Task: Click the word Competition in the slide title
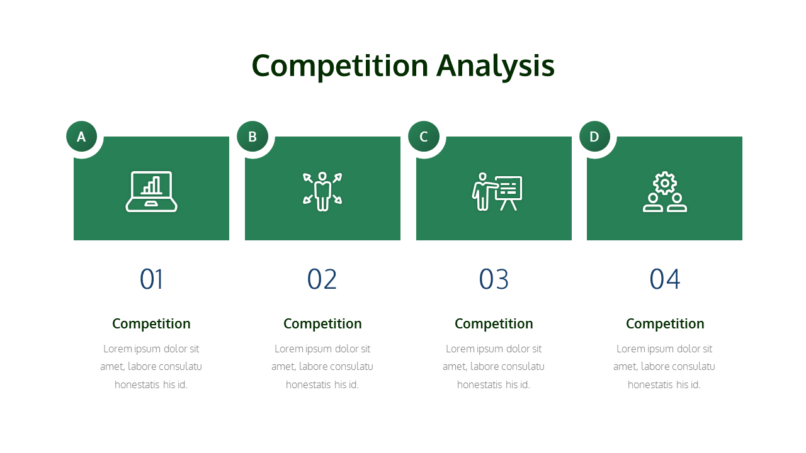click(340, 66)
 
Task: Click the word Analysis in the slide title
click(496, 66)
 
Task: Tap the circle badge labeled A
click(81, 137)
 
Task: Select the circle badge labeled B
click(253, 137)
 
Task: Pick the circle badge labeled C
click(424, 137)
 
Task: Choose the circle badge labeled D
click(594, 137)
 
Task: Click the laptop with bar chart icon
click(151, 191)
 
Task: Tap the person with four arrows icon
click(322, 191)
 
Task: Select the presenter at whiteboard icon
click(497, 191)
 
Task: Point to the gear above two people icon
click(665, 191)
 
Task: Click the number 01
click(151, 279)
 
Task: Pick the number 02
click(322, 279)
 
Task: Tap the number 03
click(494, 279)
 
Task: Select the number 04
click(665, 279)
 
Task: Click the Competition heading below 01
click(151, 324)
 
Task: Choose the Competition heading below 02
click(322, 324)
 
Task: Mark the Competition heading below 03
click(494, 324)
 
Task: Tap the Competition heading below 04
click(665, 324)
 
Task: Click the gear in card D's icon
click(665, 182)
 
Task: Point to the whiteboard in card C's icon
click(509, 187)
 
